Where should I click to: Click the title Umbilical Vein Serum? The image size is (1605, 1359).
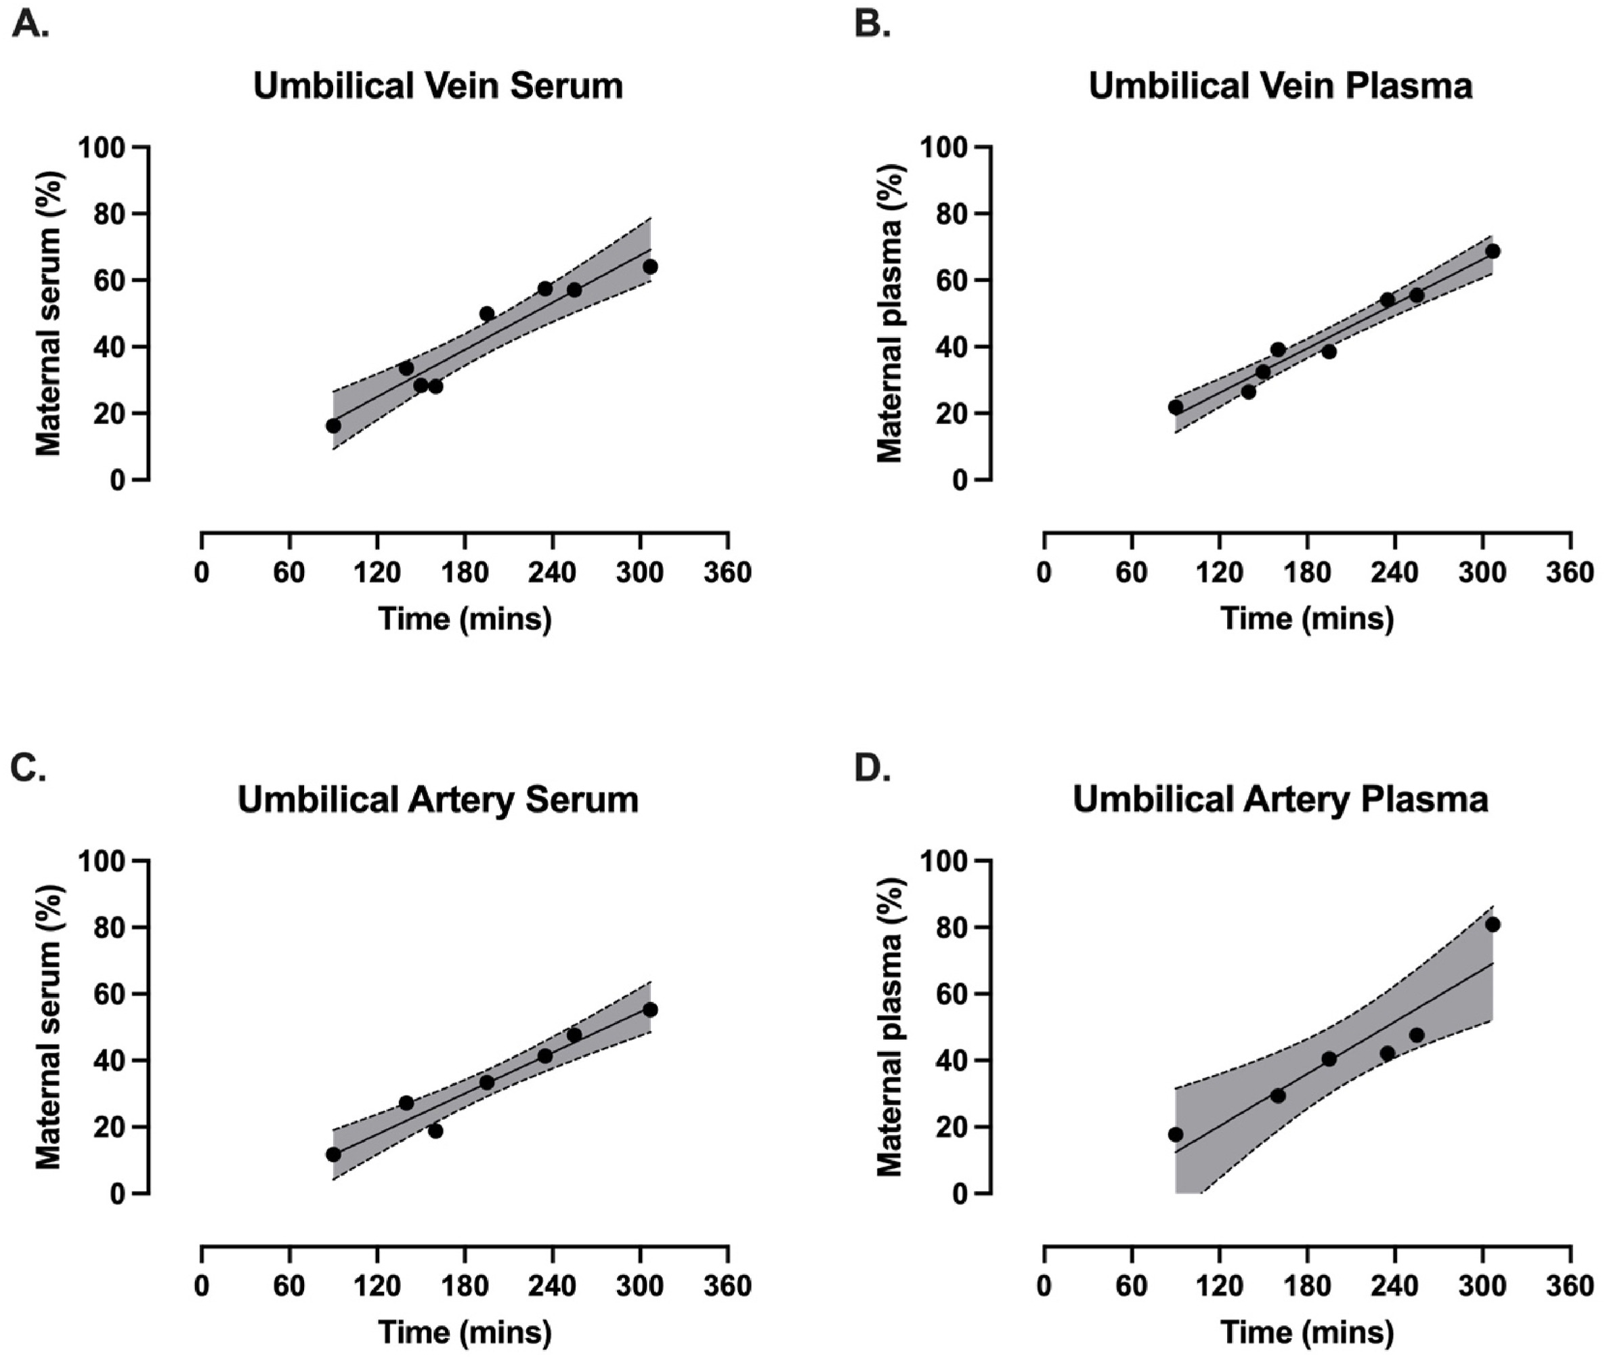(437, 85)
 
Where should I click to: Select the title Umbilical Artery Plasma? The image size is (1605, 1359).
(1280, 799)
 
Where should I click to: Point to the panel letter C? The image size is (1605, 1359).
(29, 768)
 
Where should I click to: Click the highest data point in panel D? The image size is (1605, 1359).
(1492, 925)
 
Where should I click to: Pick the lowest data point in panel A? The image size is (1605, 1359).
(333, 425)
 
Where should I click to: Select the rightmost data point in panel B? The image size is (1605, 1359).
(1492, 251)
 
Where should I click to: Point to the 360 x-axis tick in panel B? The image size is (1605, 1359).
(1570, 573)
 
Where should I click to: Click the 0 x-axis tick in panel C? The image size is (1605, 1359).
(202, 1287)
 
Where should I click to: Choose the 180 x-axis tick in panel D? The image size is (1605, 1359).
(1307, 1287)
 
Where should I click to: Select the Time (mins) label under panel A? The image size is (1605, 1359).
(465, 619)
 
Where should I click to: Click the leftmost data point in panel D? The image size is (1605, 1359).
(1175, 1134)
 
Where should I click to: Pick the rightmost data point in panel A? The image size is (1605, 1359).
(650, 266)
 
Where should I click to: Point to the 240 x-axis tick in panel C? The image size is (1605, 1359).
(552, 1287)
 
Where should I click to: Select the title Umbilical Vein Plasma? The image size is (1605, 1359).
(1280, 85)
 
